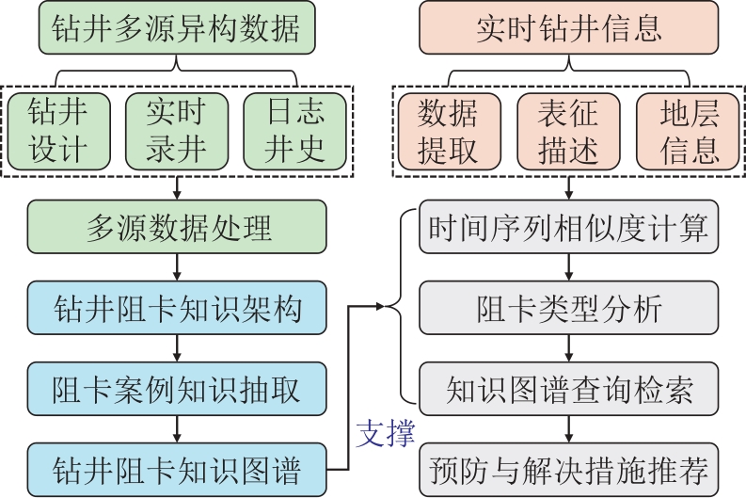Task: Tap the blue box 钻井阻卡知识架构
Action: pyautogui.click(x=176, y=307)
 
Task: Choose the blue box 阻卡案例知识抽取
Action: pyautogui.click(x=176, y=386)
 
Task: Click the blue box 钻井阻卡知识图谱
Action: pyautogui.click(x=176, y=466)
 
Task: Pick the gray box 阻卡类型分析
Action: pyautogui.click(x=567, y=307)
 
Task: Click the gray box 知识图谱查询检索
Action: pyautogui.click(x=567, y=386)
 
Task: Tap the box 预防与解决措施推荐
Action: pyautogui.click(x=567, y=466)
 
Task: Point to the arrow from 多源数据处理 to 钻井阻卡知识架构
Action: pyautogui.click(x=176, y=267)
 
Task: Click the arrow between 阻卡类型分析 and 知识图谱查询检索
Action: pyautogui.click(x=567, y=346)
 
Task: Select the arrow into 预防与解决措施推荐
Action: pyautogui.click(x=567, y=426)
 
